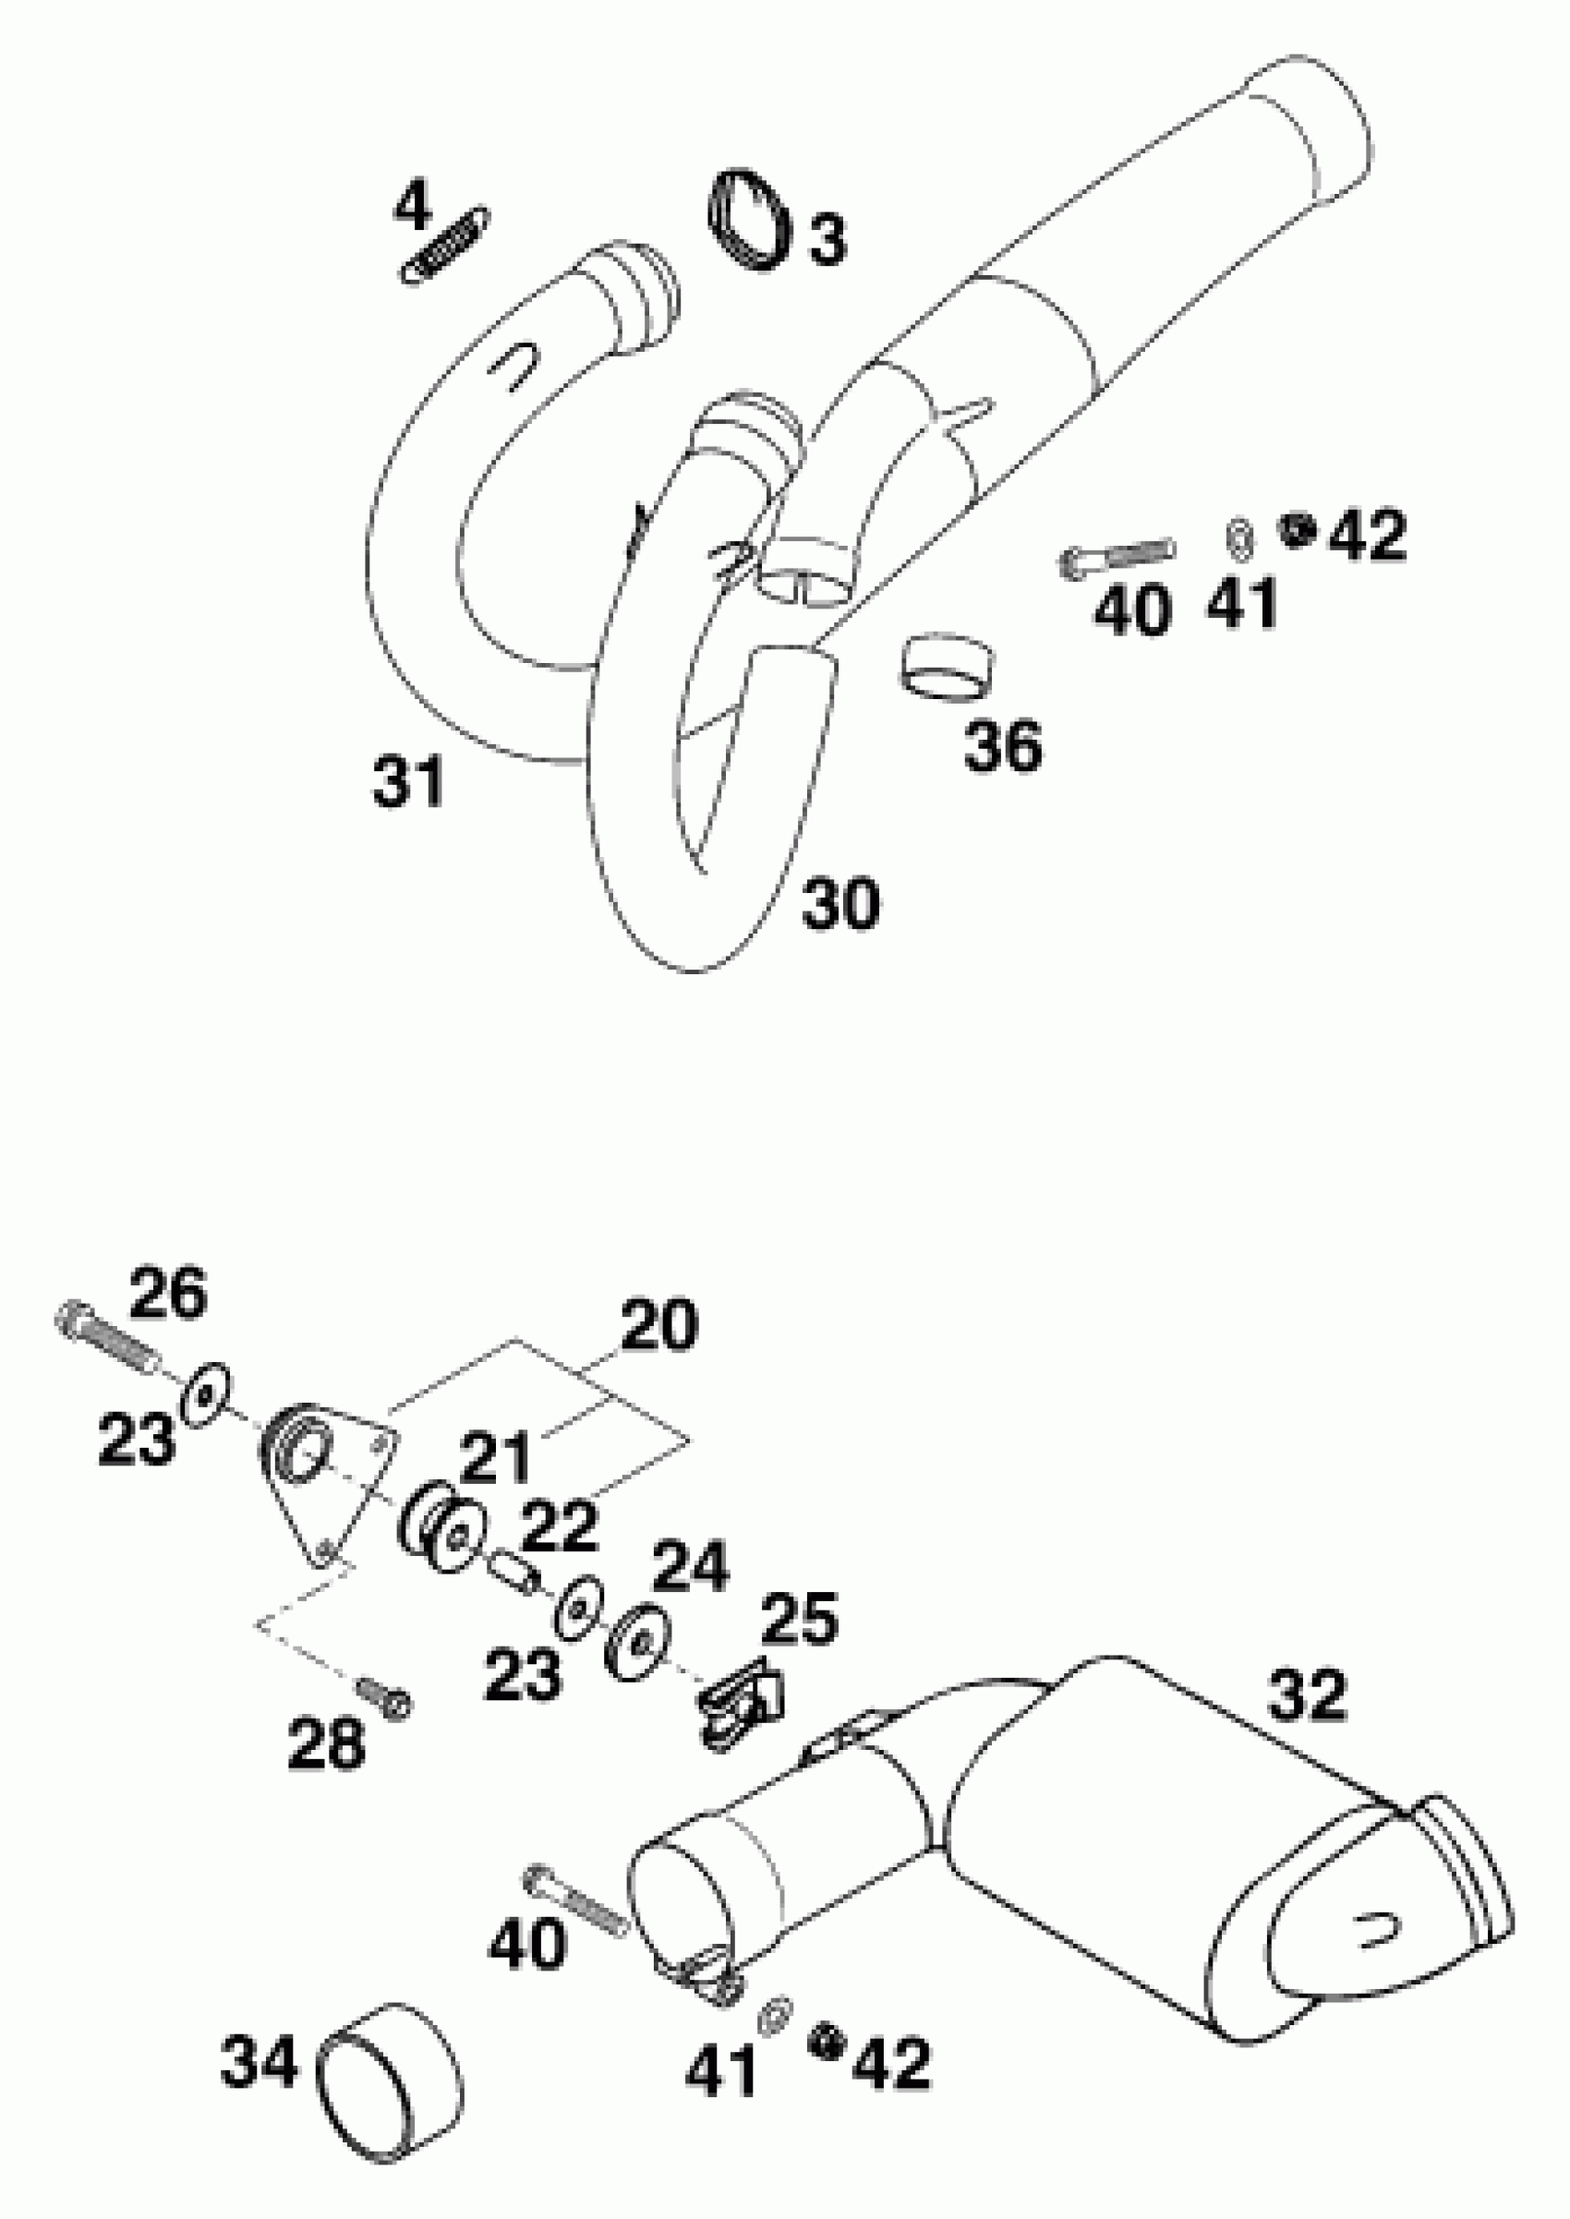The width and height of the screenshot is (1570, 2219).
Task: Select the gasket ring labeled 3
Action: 746,221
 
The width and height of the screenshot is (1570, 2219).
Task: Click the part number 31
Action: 408,781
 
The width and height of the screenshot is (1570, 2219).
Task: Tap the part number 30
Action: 840,903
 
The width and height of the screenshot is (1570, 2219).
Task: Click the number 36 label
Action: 1004,745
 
